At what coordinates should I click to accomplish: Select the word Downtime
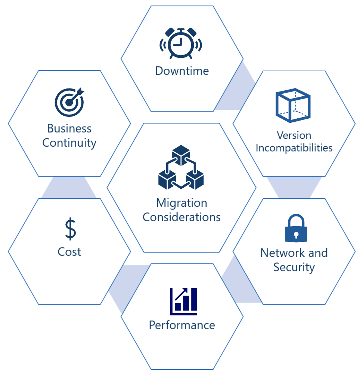coord(182,71)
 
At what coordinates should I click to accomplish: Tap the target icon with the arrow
coord(69,102)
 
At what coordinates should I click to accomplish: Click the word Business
coord(69,128)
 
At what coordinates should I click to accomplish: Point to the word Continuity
coord(69,143)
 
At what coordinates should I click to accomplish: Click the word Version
coord(294,135)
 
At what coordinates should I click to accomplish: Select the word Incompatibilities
coord(294,148)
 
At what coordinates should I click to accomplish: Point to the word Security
coord(294,267)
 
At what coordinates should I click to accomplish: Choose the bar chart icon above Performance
coord(183,301)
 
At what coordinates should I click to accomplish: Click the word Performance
coord(182,325)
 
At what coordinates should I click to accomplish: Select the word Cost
coord(69,252)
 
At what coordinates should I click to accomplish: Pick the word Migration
coord(182,203)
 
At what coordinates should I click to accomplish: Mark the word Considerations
coord(182,217)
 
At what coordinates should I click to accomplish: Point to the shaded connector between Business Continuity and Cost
coord(69,188)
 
